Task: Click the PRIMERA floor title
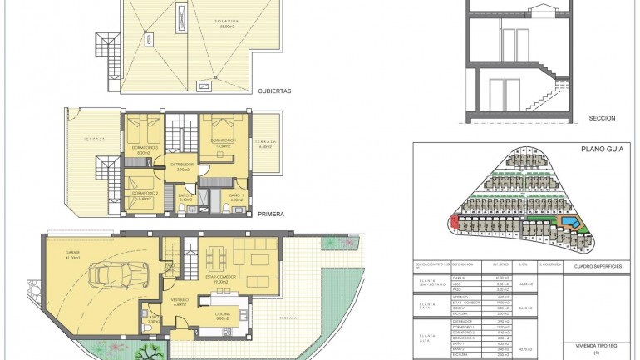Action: point(271,214)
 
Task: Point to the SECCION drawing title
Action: point(601,118)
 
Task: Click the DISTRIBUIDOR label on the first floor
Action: point(182,165)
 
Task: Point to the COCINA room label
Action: point(222,313)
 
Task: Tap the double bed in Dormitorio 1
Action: point(220,125)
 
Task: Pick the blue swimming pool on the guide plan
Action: point(573,222)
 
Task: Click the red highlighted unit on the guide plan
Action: point(455,222)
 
